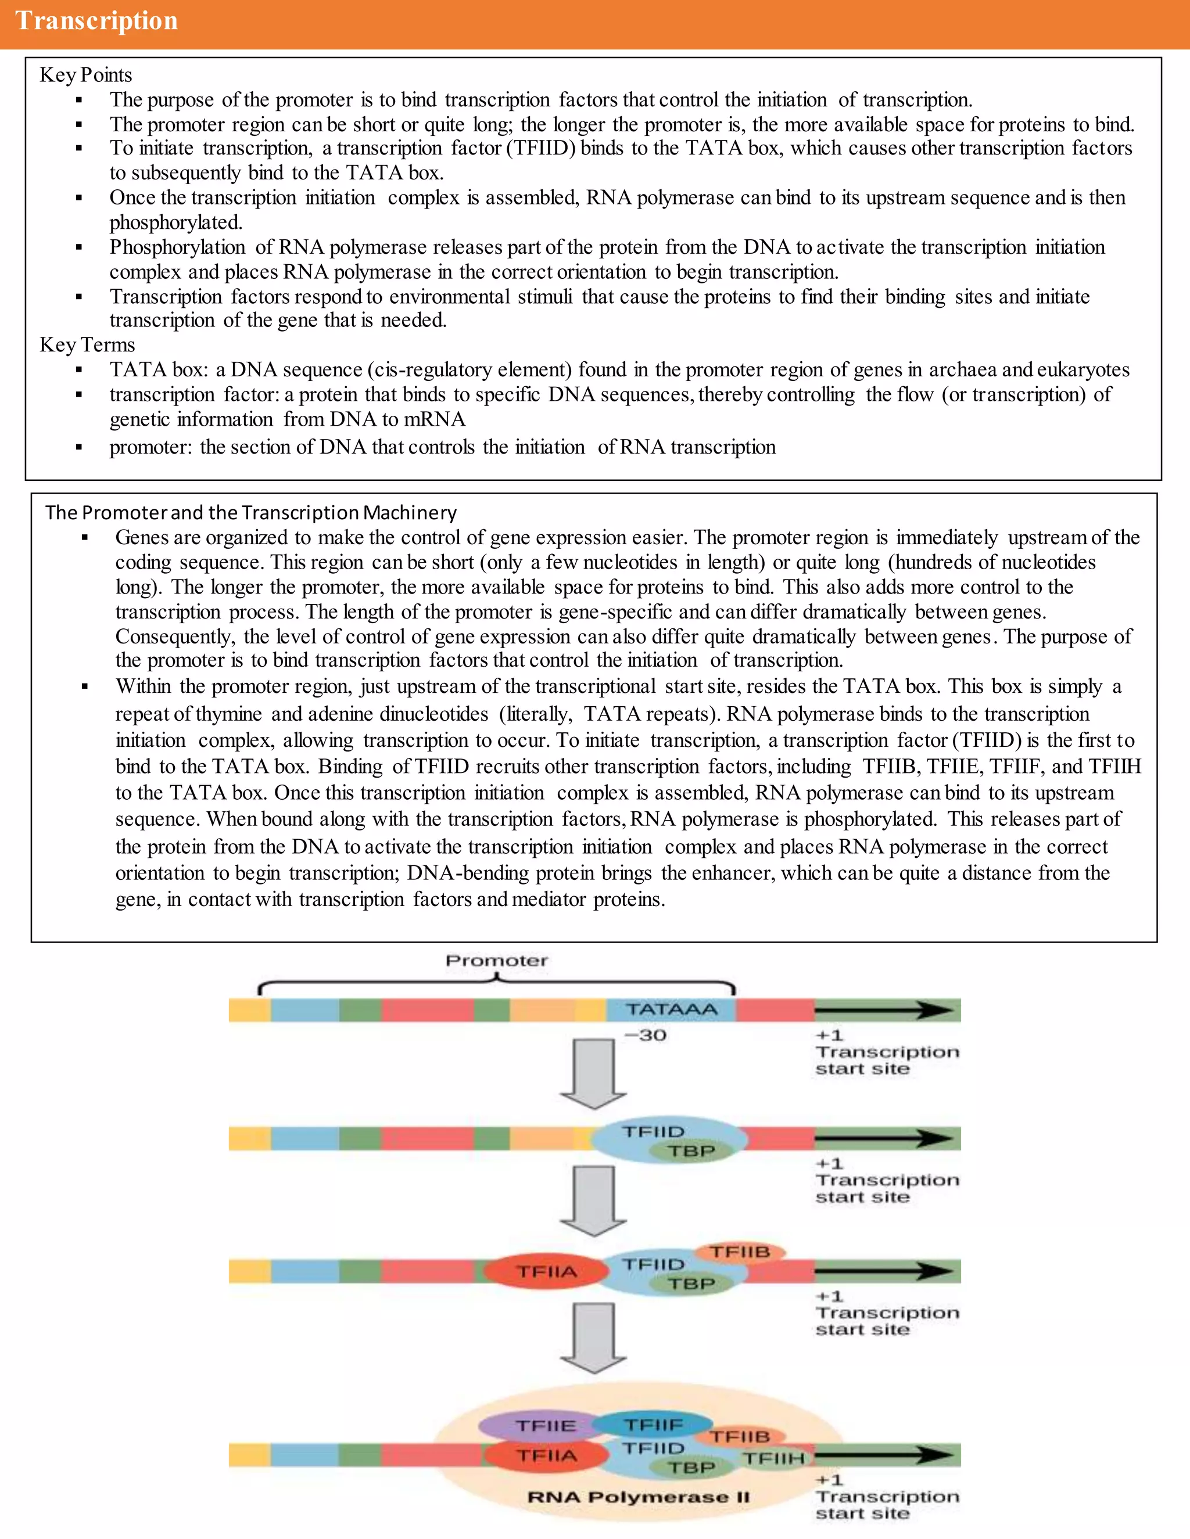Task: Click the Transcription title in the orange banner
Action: [96, 21]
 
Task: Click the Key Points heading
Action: [85, 75]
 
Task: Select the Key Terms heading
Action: [87, 344]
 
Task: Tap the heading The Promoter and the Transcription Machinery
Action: [250, 512]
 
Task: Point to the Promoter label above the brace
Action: [496, 961]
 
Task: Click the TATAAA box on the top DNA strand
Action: [671, 1010]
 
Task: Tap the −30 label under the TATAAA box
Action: [645, 1035]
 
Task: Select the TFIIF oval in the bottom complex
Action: [652, 1425]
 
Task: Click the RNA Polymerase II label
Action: [638, 1497]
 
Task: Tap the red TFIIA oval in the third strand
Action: [547, 1272]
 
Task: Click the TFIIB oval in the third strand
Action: [740, 1252]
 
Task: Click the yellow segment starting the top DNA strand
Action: [249, 1011]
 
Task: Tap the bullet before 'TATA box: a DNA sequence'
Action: [79, 370]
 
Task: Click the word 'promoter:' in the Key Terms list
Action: [150, 447]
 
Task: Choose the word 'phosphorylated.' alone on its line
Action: [175, 222]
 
